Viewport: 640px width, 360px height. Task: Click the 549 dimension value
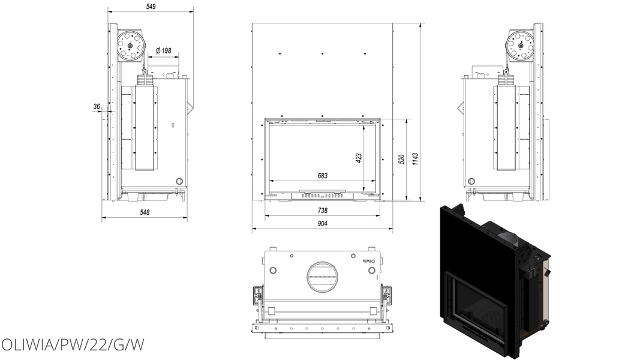tap(150, 7)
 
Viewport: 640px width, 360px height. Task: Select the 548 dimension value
tap(145, 212)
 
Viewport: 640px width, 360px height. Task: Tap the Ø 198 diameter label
tap(164, 50)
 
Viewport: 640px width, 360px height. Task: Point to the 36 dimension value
tap(97, 107)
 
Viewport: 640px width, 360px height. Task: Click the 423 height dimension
tap(359, 158)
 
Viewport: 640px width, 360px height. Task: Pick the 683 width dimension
tap(323, 176)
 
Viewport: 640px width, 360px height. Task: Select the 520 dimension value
tap(402, 159)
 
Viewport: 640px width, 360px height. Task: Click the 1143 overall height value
tap(416, 159)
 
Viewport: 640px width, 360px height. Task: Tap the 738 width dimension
tap(323, 211)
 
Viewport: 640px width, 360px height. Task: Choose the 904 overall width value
tap(323, 224)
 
